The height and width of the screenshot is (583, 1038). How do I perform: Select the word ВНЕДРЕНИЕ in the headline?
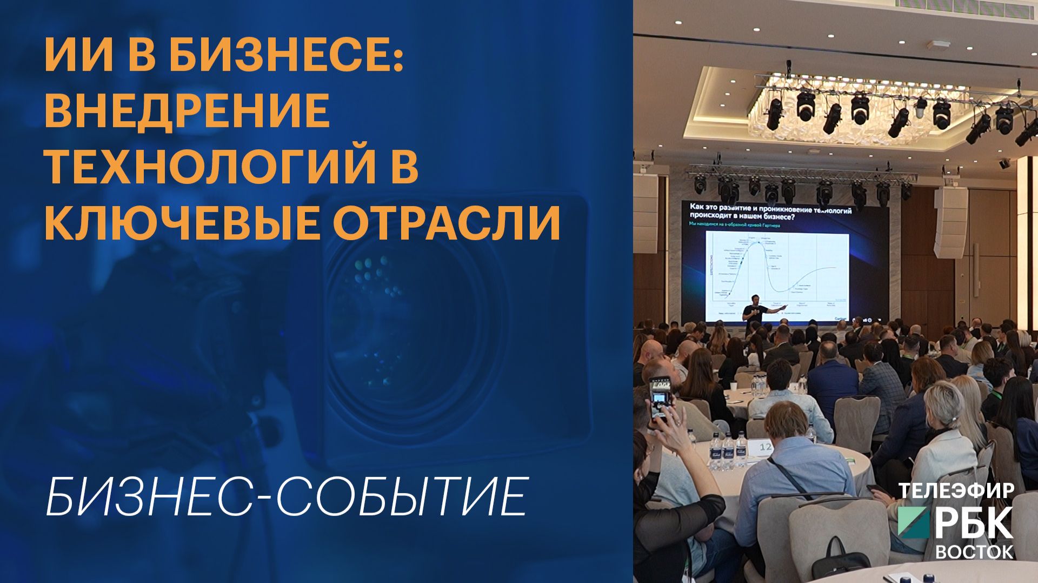pos(187,110)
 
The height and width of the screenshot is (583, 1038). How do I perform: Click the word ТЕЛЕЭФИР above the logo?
pos(956,491)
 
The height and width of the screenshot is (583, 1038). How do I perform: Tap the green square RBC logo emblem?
pos(914,524)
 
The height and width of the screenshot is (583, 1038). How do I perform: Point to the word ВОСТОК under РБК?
pos(975,552)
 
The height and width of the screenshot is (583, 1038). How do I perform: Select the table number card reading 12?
pos(766,447)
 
